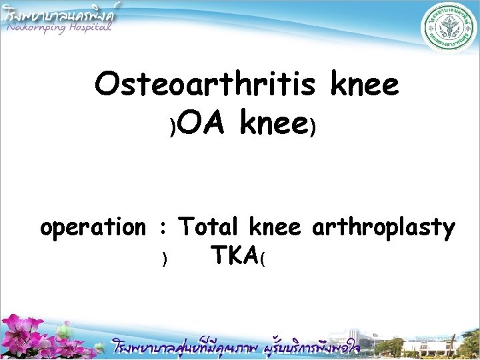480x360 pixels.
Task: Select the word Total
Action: [209, 227]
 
